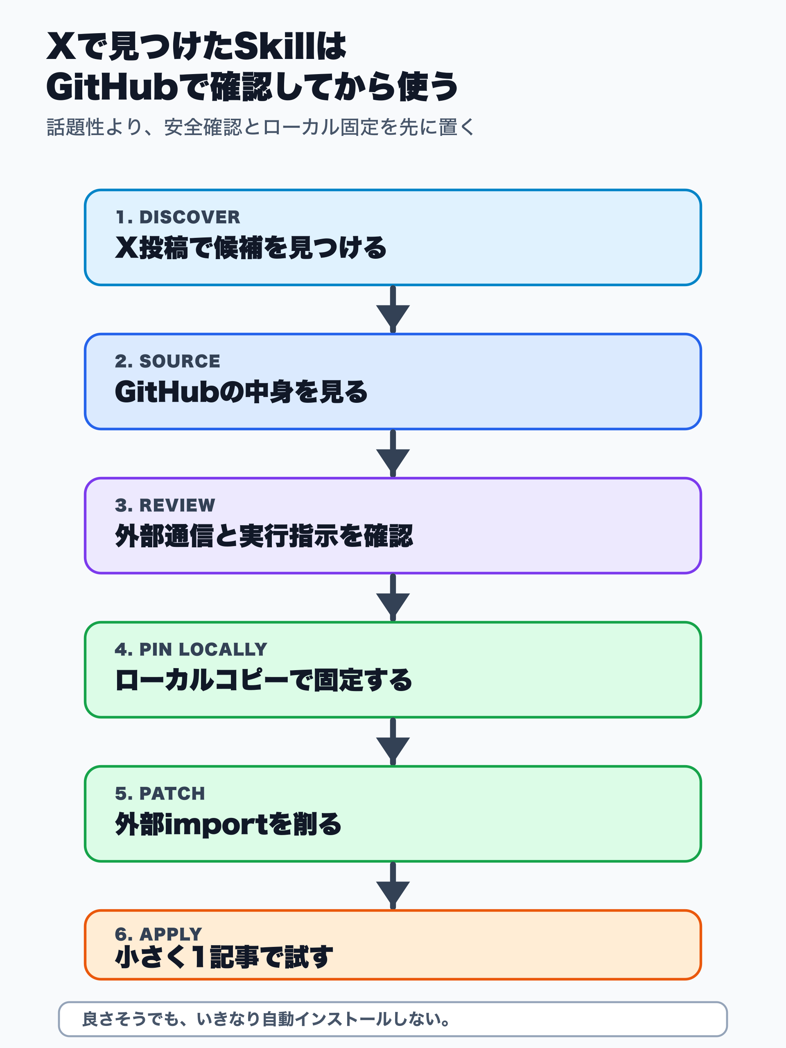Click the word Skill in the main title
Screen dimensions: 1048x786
(x=274, y=46)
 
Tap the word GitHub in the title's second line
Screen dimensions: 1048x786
(x=111, y=87)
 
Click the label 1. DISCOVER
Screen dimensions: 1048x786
(x=178, y=217)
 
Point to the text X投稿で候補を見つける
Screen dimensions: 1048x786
(x=251, y=247)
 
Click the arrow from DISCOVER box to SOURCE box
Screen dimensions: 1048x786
(x=393, y=310)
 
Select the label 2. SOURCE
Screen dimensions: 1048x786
(x=167, y=361)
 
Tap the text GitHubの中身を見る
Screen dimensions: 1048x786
(x=241, y=392)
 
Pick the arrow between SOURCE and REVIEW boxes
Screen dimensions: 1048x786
(x=393, y=454)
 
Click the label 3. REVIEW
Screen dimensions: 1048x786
(x=165, y=505)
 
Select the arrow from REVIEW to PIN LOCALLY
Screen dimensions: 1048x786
(x=393, y=599)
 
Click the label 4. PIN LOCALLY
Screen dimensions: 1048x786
(x=191, y=649)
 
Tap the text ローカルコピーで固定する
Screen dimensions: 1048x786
(x=263, y=680)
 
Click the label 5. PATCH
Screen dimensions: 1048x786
(x=160, y=793)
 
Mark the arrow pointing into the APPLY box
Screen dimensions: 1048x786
(x=393, y=886)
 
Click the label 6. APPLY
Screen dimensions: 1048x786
(x=158, y=934)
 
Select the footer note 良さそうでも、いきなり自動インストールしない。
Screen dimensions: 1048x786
(x=266, y=1019)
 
